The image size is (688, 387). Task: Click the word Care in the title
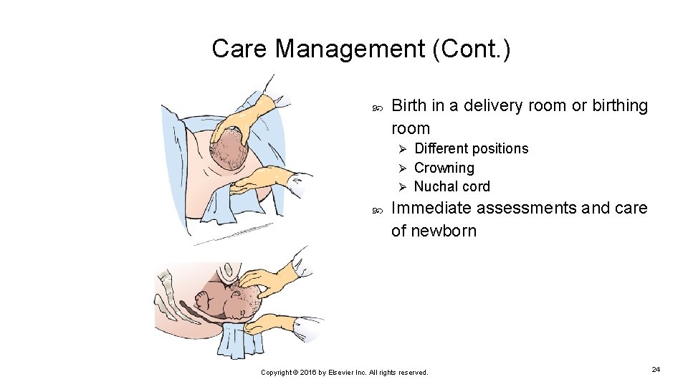(x=240, y=49)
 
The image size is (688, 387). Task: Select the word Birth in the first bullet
(x=409, y=106)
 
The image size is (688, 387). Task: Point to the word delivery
(x=493, y=106)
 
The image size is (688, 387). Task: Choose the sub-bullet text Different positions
(x=471, y=148)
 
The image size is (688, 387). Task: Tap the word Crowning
(x=444, y=168)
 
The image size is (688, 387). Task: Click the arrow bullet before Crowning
(x=402, y=168)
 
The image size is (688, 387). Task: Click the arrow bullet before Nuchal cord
(x=402, y=187)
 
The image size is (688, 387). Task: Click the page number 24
(x=655, y=368)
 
